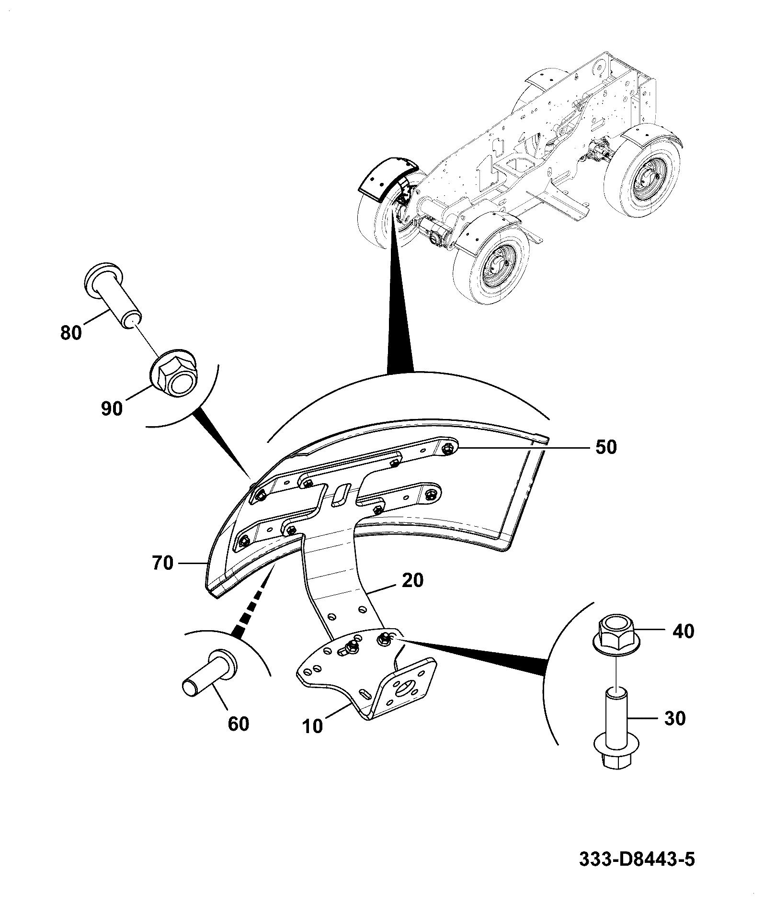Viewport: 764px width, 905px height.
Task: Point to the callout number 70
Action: click(x=162, y=563)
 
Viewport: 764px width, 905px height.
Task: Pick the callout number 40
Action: click(x=683, y=631)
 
